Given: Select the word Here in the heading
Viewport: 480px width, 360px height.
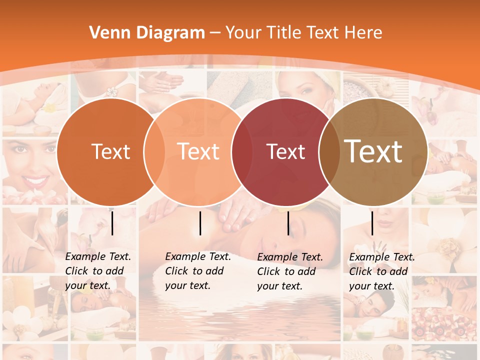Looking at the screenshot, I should pos(364,33).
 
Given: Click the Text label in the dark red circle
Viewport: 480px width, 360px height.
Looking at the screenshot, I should pos(286,152).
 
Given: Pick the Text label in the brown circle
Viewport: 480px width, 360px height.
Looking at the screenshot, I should pos(373,151).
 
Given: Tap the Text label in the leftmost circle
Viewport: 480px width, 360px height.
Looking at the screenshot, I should pos(110,152).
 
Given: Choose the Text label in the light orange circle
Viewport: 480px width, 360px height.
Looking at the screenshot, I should pos(198,152).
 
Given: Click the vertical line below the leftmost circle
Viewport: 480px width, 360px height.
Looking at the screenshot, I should pos(112,223).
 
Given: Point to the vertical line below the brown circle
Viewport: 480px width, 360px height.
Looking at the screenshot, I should pos(372,223).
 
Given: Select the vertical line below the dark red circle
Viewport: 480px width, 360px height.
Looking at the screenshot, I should pos(288,223).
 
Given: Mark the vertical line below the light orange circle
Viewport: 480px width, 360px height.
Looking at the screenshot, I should pos(200,223).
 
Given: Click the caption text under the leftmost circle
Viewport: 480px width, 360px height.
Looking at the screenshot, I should pos(97,271).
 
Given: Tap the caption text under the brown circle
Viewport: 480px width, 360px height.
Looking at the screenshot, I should pos(381,271).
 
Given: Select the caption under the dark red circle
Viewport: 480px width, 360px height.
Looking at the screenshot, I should pos(289,271).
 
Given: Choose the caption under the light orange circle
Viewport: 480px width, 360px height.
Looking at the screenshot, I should pos(197,271).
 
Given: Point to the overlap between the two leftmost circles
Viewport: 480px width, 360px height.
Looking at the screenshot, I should pos(154,151).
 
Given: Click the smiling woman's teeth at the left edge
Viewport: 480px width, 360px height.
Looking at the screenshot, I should pos(35,180).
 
